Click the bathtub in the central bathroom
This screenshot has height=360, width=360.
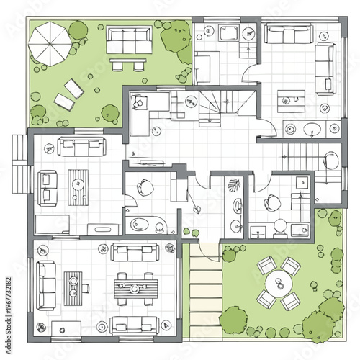pos(147,225)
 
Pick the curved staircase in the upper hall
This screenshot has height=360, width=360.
pos(215,107)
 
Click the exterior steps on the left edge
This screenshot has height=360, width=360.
pos(19,163)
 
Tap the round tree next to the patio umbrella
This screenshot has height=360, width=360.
pos(78,30)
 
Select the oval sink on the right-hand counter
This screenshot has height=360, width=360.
pos(312,130)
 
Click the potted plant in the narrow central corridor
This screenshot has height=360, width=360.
pos(235,186)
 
